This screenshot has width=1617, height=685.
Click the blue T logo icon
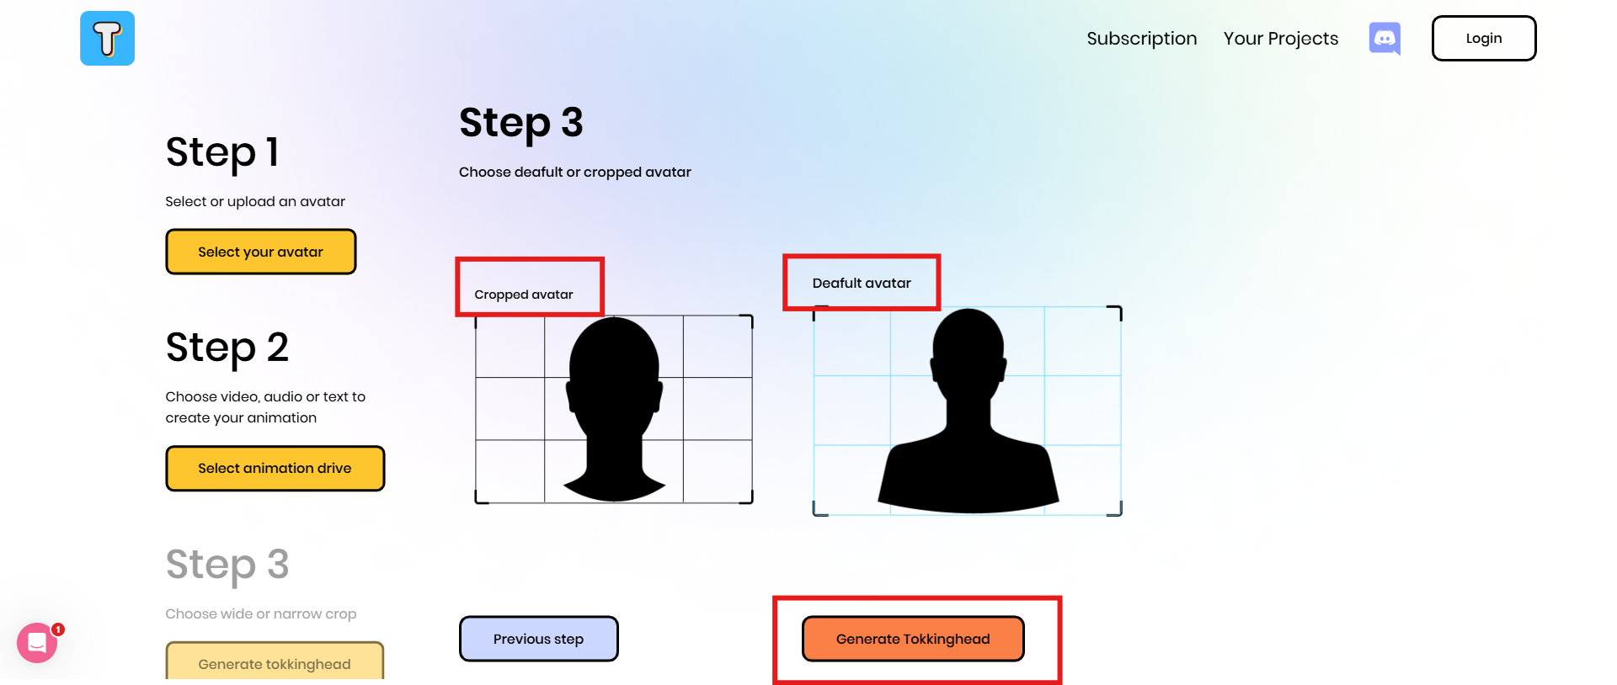coord(107,39)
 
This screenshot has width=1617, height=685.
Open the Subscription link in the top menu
coord(1141,39)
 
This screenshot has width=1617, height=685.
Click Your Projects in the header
coord(1280,39)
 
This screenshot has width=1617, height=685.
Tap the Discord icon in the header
coord(1385,39)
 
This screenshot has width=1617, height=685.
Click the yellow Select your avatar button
coord(261,252)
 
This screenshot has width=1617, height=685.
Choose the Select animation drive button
coord(275,468)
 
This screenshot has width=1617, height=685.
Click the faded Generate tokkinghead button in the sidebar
coord(275,663)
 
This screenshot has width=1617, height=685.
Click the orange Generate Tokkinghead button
coord(913,639)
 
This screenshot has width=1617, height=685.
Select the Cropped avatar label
coord(523,295)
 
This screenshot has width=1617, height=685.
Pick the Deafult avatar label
coord(862,284)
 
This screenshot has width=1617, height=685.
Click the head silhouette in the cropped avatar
coord(614,370)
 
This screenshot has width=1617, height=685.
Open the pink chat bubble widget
coord(37,644)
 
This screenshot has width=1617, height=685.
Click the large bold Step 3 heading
coord(520,123)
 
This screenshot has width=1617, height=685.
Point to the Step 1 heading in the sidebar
coord(221,153)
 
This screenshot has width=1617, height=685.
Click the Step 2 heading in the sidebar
coord(227,348)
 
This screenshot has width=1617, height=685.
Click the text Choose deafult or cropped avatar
coord(574,173)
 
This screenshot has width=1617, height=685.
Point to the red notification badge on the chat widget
coord(58,629)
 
